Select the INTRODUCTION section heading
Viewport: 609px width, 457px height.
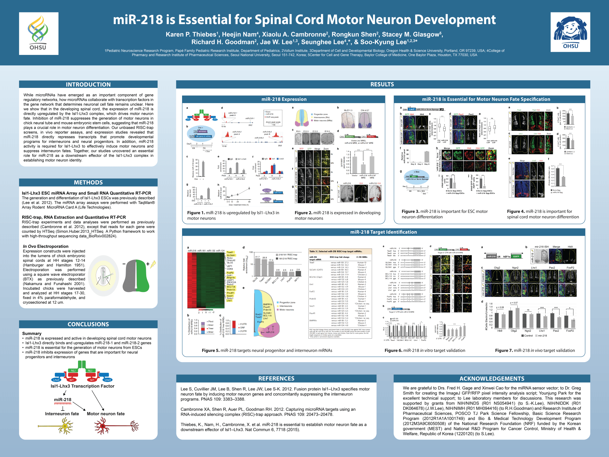88,84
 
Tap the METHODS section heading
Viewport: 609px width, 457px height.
88,182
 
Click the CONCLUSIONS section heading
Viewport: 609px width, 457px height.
88,324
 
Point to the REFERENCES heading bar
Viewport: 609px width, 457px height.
276,379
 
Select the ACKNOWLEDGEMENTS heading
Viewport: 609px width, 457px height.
492,379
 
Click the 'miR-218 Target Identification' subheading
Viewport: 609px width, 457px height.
383,232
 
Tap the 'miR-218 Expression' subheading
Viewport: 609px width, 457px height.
284,99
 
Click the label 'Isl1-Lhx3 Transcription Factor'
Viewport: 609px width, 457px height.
82,386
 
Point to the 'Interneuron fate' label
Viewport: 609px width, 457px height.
62,414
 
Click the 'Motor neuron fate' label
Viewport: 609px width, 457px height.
106,414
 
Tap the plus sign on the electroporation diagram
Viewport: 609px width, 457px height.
147,264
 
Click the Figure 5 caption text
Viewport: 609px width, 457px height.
267,350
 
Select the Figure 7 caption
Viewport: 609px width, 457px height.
535,350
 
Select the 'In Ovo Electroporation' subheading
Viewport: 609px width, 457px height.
45,246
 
